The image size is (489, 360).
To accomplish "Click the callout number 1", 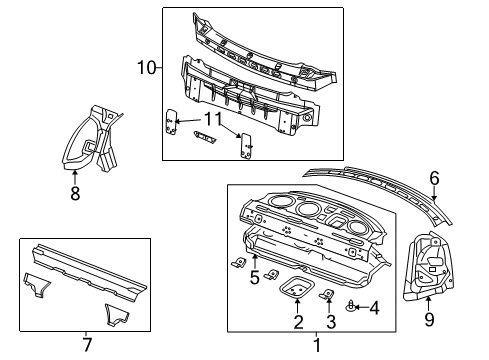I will click(319, 345).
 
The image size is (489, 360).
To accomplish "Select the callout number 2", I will click(297, 321).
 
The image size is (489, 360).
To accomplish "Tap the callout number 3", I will click(329, 321).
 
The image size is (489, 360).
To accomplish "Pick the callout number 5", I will click(255, 279).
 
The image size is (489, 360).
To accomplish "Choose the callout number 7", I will click(85, 345).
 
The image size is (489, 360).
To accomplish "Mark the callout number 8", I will click(75, 194).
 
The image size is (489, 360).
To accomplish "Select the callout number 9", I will click(428, 321).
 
